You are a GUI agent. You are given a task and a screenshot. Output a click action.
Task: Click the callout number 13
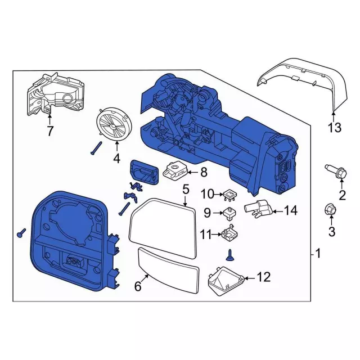335,128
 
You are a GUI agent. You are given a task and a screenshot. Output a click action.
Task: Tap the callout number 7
49,132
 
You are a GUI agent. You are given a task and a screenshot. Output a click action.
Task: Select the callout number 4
116,159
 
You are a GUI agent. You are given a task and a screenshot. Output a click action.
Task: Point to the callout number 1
318,254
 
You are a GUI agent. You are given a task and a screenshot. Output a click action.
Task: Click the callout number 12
263,277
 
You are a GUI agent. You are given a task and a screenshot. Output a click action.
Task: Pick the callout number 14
290,211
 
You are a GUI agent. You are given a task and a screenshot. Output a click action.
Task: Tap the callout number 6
137,286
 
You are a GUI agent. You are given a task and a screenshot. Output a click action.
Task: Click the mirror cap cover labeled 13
298,79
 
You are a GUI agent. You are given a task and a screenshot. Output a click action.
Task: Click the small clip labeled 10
228,195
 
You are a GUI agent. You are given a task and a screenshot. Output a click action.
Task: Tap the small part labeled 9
228,213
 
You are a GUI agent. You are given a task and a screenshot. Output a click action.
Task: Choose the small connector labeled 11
227,232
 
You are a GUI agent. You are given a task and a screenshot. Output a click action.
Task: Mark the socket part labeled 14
258,209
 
